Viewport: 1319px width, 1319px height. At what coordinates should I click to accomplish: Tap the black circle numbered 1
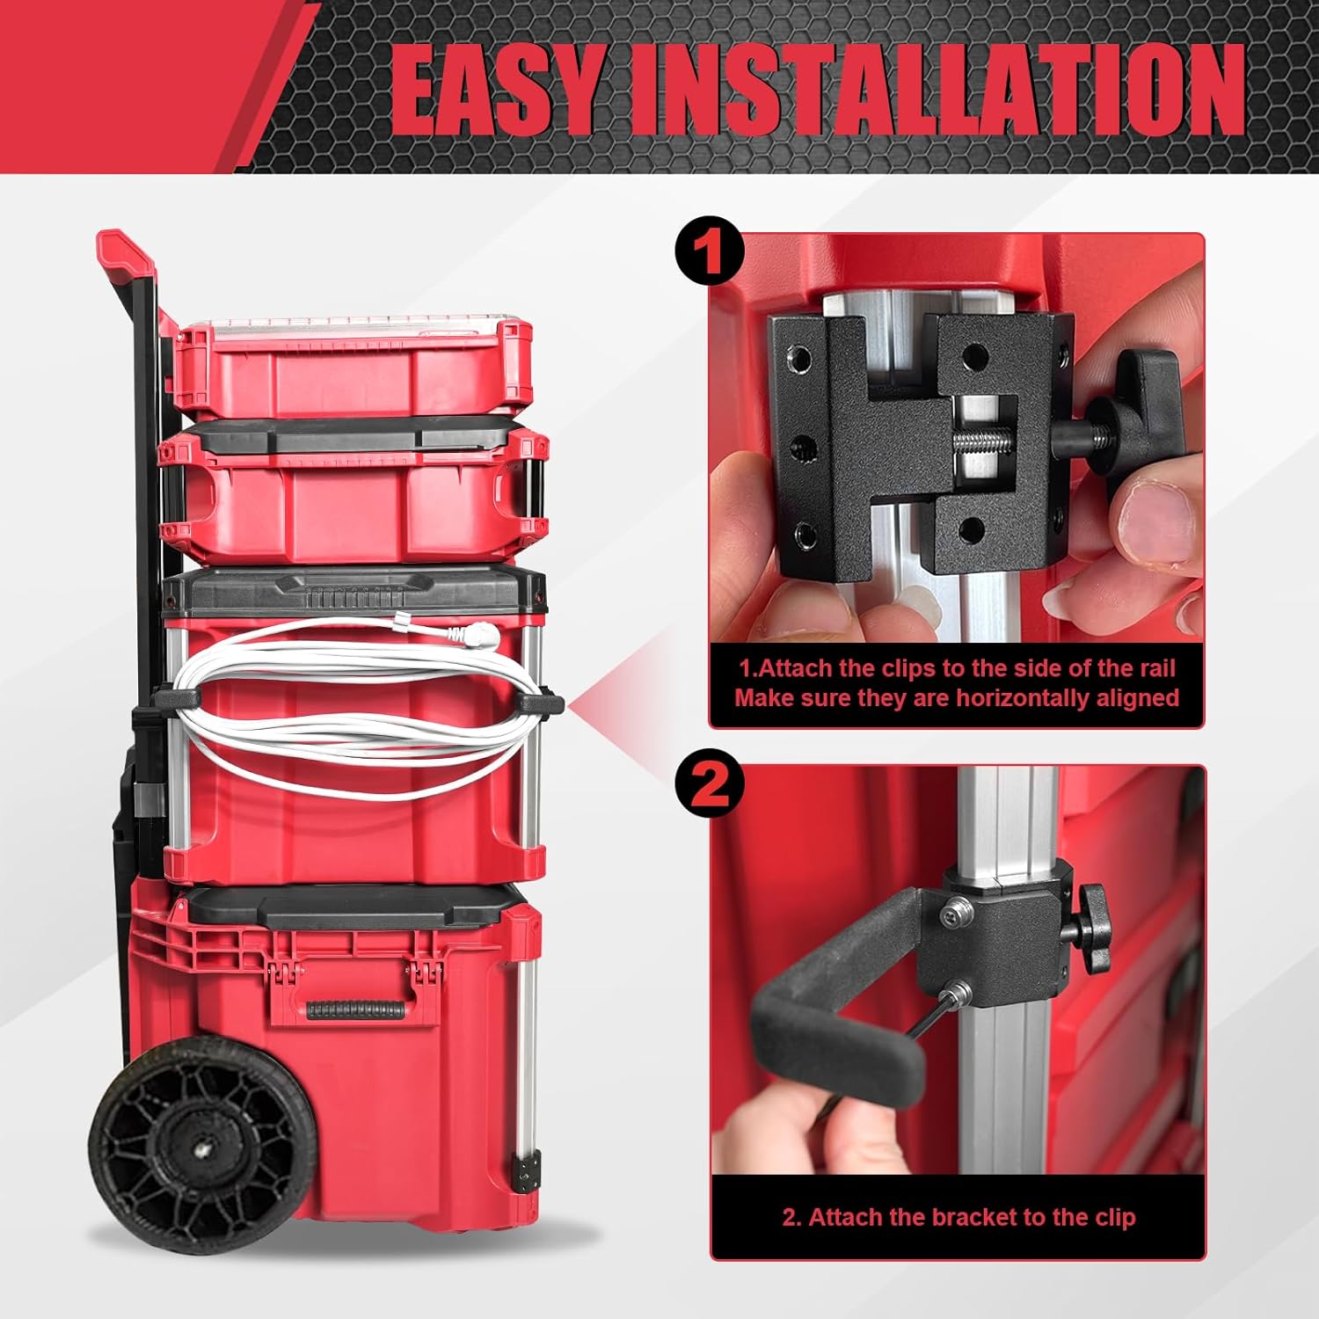pos(710,251)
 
